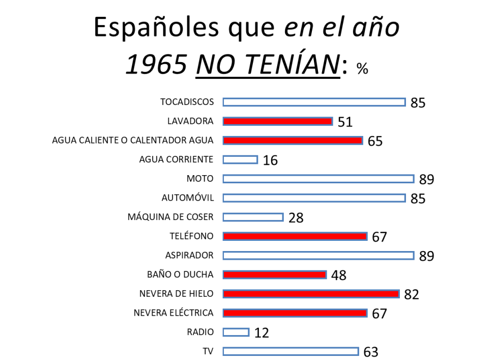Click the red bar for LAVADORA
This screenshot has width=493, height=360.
[x=277, y=121]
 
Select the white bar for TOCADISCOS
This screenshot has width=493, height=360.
[x=314, y=102]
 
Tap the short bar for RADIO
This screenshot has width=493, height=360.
[x=236, y=332]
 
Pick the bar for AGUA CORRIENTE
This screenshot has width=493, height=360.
[x=240, y=159]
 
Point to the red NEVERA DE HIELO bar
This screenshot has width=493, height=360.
[x=311, y=294]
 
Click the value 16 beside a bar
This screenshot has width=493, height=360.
[x=270, y=160]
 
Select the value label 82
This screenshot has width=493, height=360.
[x=411, y=295]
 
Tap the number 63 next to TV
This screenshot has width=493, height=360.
[x=370, y=352]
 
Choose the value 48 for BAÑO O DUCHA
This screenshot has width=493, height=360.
[x=338, y=275]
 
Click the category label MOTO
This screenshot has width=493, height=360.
[x=200, y=179]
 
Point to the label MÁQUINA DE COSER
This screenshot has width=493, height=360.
[x=170, y=217]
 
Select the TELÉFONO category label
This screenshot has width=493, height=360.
[x=191, y=236]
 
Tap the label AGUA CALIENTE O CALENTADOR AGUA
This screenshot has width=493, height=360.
[x=133, y=140]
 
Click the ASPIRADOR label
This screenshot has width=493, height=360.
[x=189, y=255]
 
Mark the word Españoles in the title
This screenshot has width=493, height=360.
[x=161, y=28]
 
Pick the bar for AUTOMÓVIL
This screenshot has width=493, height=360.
[x=314, y=198]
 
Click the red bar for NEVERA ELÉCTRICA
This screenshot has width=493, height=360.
[x=295, y=313]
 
